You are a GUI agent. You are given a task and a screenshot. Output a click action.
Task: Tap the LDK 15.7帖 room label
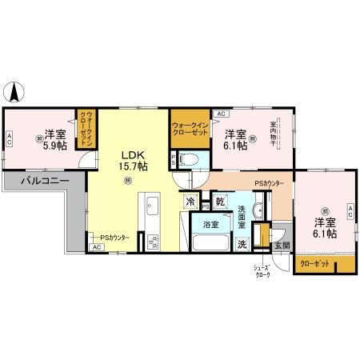pos(134,160)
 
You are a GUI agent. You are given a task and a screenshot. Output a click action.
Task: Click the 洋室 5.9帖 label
pos(54,139)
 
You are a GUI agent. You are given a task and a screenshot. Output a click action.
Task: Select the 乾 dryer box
pos(221,202)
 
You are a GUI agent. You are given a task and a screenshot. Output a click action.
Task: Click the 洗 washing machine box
pos(242,245)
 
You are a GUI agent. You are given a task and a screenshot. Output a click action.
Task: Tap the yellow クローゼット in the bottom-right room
pos(314,263)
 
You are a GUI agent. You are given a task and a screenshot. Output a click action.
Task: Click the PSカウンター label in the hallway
pos(269,184)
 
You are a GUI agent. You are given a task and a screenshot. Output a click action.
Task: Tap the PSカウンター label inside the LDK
pos(114,237)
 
